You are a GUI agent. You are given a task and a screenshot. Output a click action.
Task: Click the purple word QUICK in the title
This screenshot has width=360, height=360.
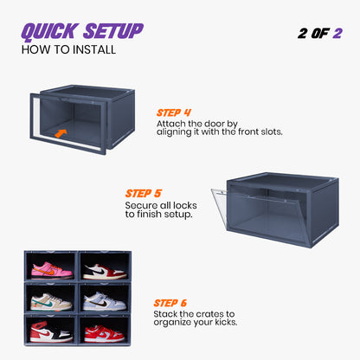click(x=48, y=31)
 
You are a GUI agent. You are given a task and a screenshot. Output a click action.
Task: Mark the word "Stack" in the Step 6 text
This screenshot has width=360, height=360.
click(x=168, y=313)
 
